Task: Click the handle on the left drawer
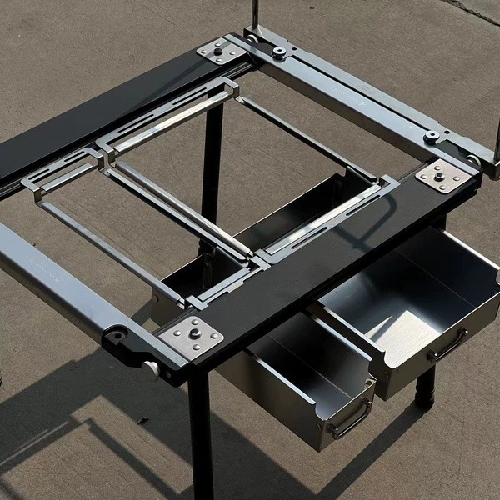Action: [350, 417]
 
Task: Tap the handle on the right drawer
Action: [447, 344]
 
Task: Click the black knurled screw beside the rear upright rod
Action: [279, 52]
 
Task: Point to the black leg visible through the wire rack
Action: [212, 158]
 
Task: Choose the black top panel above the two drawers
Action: [333, 250]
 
